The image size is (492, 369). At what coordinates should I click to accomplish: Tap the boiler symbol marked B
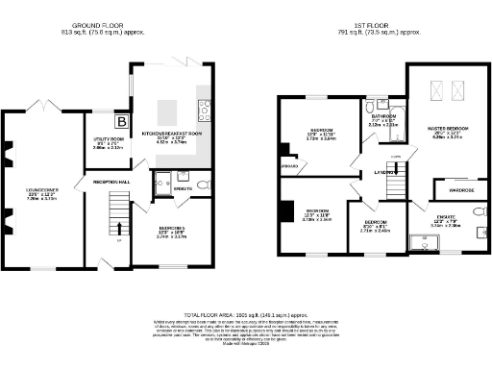click(x=122, y=121)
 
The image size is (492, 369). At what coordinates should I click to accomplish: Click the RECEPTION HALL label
click(x=111, y=181)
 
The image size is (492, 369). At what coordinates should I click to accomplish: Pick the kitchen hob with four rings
click(x=204, y=108)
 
